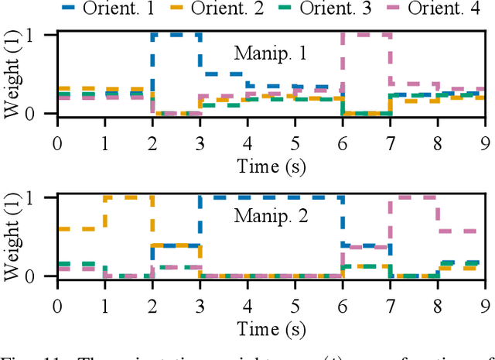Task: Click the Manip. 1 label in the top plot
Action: tap(271, 54)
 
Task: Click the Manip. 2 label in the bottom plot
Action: tap(271, 216)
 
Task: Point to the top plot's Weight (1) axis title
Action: tap(13, 74)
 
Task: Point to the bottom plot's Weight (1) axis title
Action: tap(13, 236)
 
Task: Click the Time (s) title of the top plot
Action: tap(271, 163)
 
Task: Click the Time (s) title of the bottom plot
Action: tap(271, 326)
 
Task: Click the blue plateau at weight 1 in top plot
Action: tap(176, 35)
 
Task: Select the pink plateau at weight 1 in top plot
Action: tap(366, 35)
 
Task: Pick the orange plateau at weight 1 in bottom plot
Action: tap(128, 197)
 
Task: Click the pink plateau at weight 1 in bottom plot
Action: tap(414, 197)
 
